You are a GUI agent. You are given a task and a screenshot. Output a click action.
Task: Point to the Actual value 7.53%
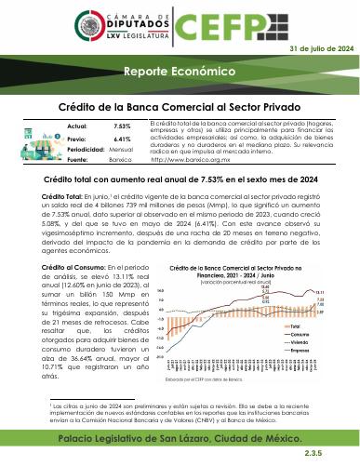(122, 125)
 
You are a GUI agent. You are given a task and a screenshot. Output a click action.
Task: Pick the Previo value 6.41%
(122, 138)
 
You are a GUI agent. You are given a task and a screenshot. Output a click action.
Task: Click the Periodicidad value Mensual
(122, 149)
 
